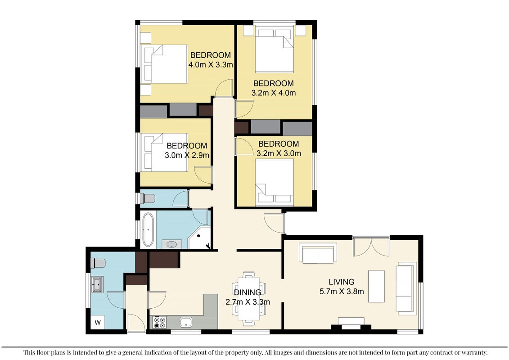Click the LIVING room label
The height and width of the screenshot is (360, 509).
(342, 282)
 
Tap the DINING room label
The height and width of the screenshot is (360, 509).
(248, 292)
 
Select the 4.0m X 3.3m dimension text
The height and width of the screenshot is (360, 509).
(211, 65)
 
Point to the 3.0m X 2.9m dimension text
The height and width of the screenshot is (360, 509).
(187, 155)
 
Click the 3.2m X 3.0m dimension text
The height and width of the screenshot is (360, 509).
(279, 153)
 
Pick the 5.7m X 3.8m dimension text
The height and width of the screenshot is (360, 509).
(342, 291)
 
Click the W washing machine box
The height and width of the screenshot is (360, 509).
(97, 322)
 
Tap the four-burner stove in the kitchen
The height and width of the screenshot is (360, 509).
(159, 322)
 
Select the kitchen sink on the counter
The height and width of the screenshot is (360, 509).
(186, 322)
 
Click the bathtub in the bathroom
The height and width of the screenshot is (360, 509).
(148, 230)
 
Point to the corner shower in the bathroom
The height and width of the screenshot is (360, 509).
(199, 238)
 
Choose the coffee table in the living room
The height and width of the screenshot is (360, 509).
(376, 286)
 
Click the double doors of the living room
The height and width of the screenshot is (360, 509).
(371, 247)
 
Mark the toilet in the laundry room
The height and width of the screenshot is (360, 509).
(98, 263)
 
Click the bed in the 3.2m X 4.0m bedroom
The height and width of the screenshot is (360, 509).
(275, 50)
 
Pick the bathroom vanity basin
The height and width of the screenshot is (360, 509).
(172, 244)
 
